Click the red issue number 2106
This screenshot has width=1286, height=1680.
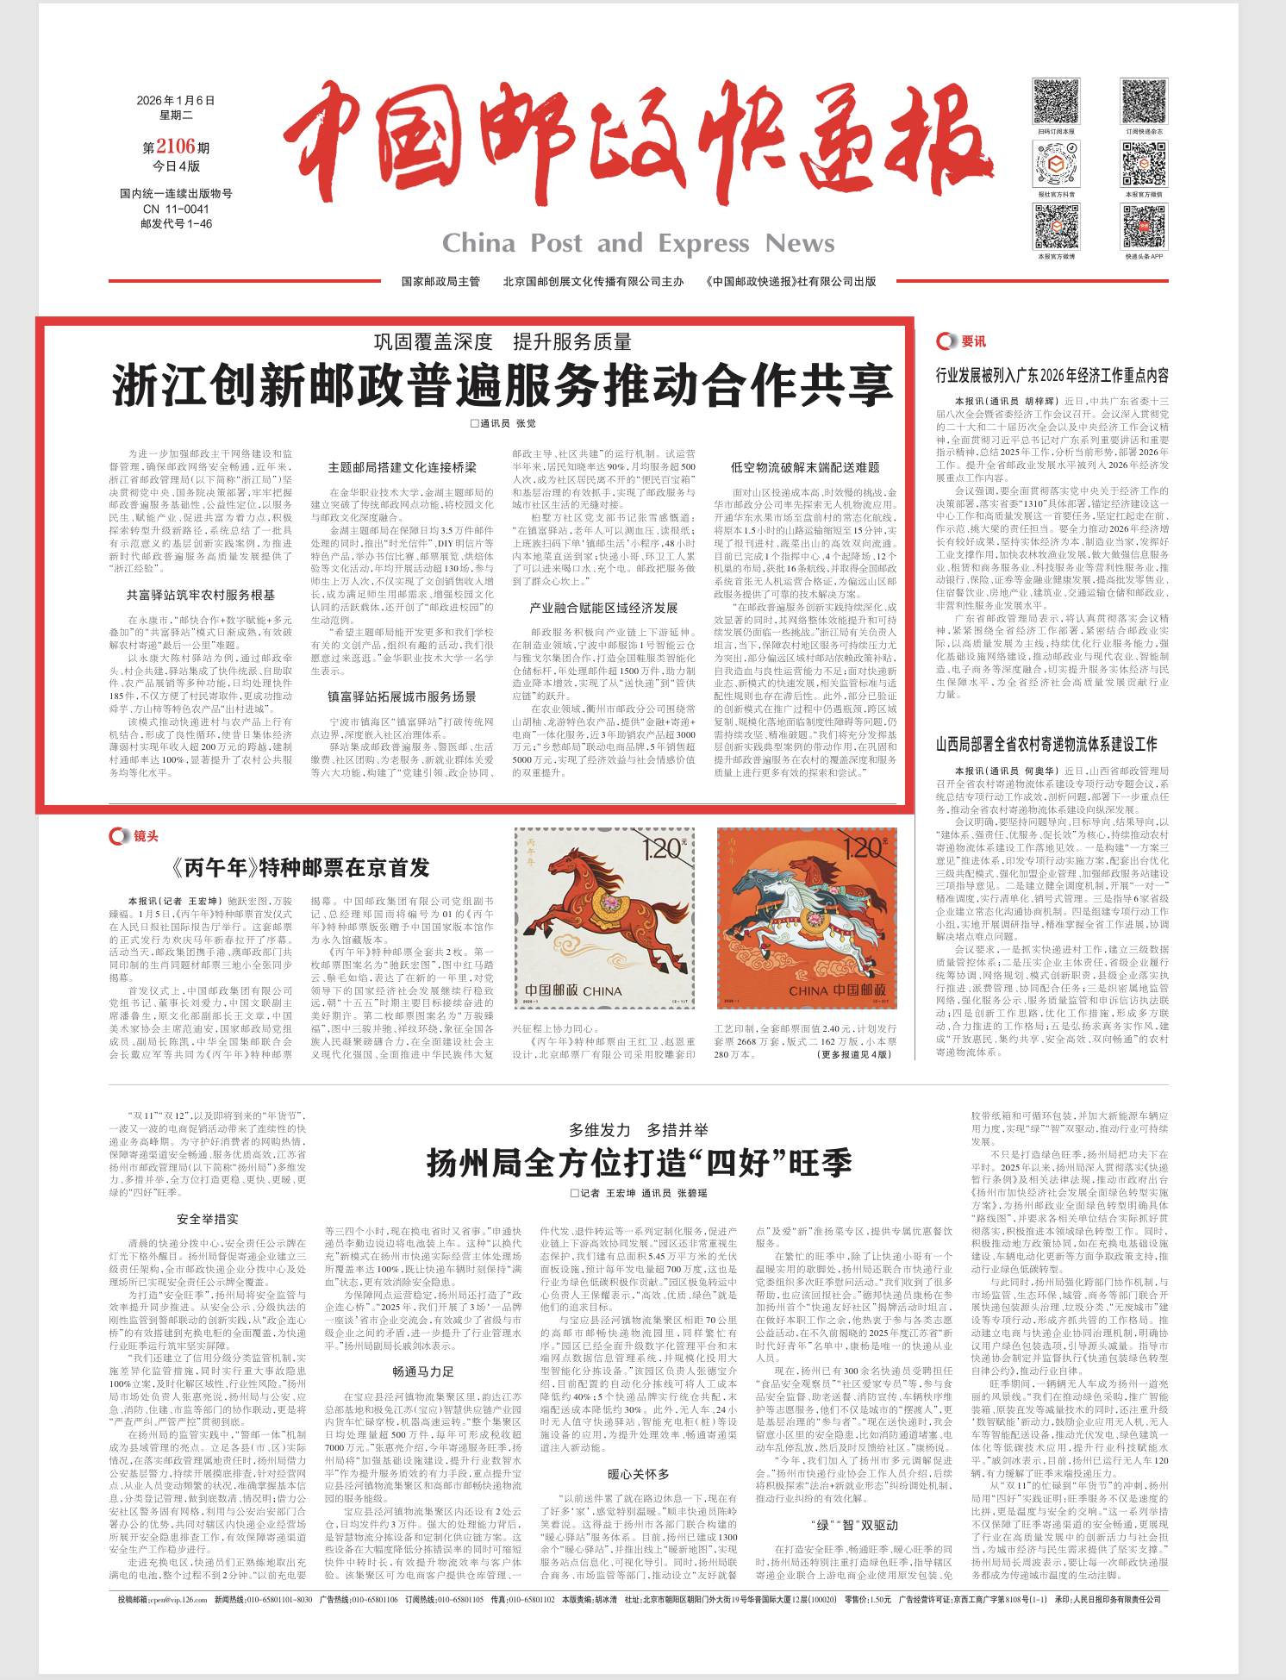(176, 147)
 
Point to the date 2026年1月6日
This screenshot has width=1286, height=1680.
(175, 101)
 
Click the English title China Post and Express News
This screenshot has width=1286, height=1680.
(638, 244)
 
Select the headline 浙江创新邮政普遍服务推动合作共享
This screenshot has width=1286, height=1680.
(503, 385)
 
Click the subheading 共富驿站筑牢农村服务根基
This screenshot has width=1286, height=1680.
(201, 595)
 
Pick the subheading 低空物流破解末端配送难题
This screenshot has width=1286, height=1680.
(805, 467)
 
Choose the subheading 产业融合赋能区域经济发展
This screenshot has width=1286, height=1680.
(603, 608)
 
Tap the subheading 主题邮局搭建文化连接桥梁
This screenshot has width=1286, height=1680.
(402, 467)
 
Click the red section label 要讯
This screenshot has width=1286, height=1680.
(973, 341)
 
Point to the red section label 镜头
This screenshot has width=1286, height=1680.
(146, 836)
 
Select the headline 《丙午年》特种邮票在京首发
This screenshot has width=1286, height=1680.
(300, 868)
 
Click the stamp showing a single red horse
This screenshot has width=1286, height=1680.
(604, 918)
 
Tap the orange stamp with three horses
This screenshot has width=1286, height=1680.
(807, 918)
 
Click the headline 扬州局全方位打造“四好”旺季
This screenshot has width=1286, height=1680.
(639, 1163)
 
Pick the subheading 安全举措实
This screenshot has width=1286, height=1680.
(208, 1219)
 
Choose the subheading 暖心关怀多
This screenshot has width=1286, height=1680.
(638, 1475)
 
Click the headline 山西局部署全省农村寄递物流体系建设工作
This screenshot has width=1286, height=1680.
(1046, 744)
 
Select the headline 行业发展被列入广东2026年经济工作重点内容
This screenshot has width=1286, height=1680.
(1052, 376)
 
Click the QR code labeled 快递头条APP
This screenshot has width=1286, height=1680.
(1144, 227)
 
